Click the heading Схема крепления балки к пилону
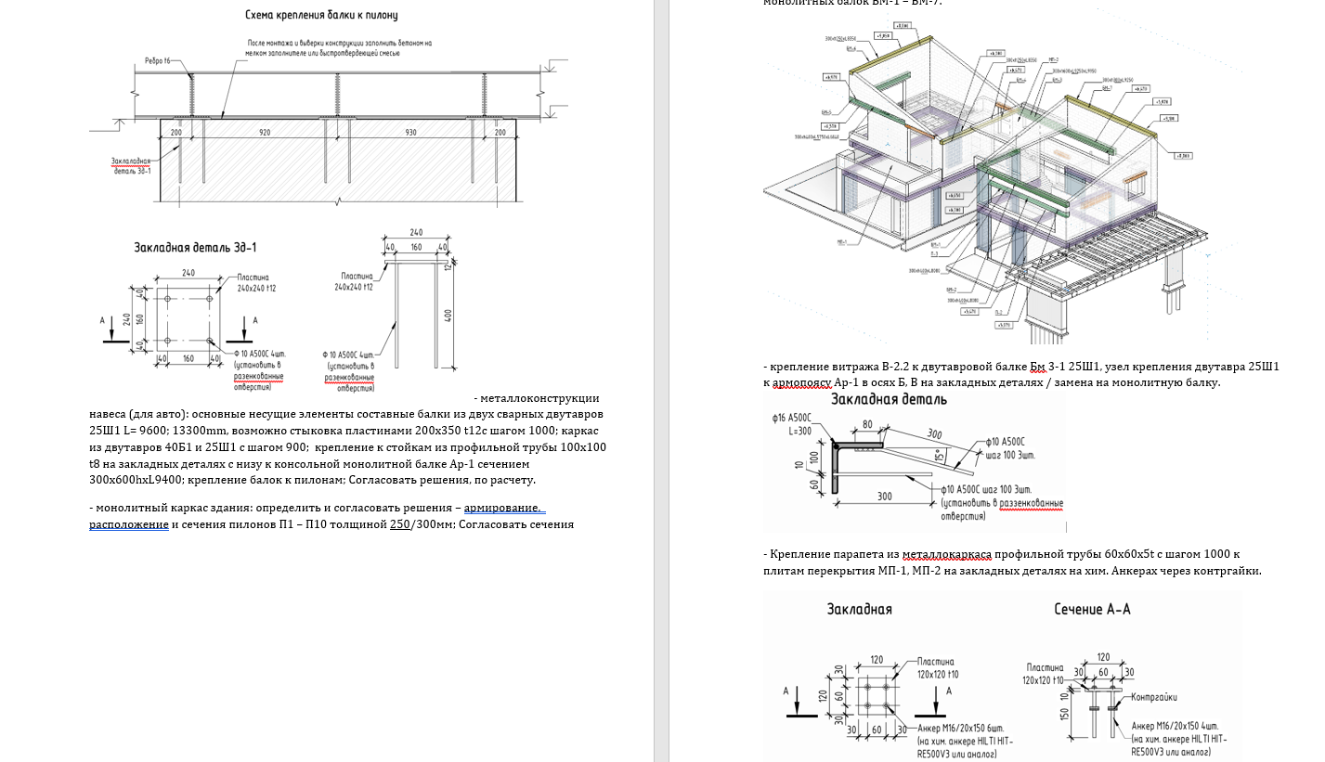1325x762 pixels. tap(321, 15)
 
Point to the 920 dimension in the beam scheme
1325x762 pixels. tap(265, 134)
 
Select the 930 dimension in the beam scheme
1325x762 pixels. tap(410, 134)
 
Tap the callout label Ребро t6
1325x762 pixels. tap(158, 61)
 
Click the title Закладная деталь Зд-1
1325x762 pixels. tap(195, 248)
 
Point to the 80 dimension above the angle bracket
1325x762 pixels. tap(867, 424)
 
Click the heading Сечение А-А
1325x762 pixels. tap(1092, 609)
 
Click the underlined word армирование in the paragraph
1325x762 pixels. tap(502, 508)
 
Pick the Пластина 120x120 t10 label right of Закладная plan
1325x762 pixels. tap(938, 666)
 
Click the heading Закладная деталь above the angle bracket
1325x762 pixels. tap(889, 400)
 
